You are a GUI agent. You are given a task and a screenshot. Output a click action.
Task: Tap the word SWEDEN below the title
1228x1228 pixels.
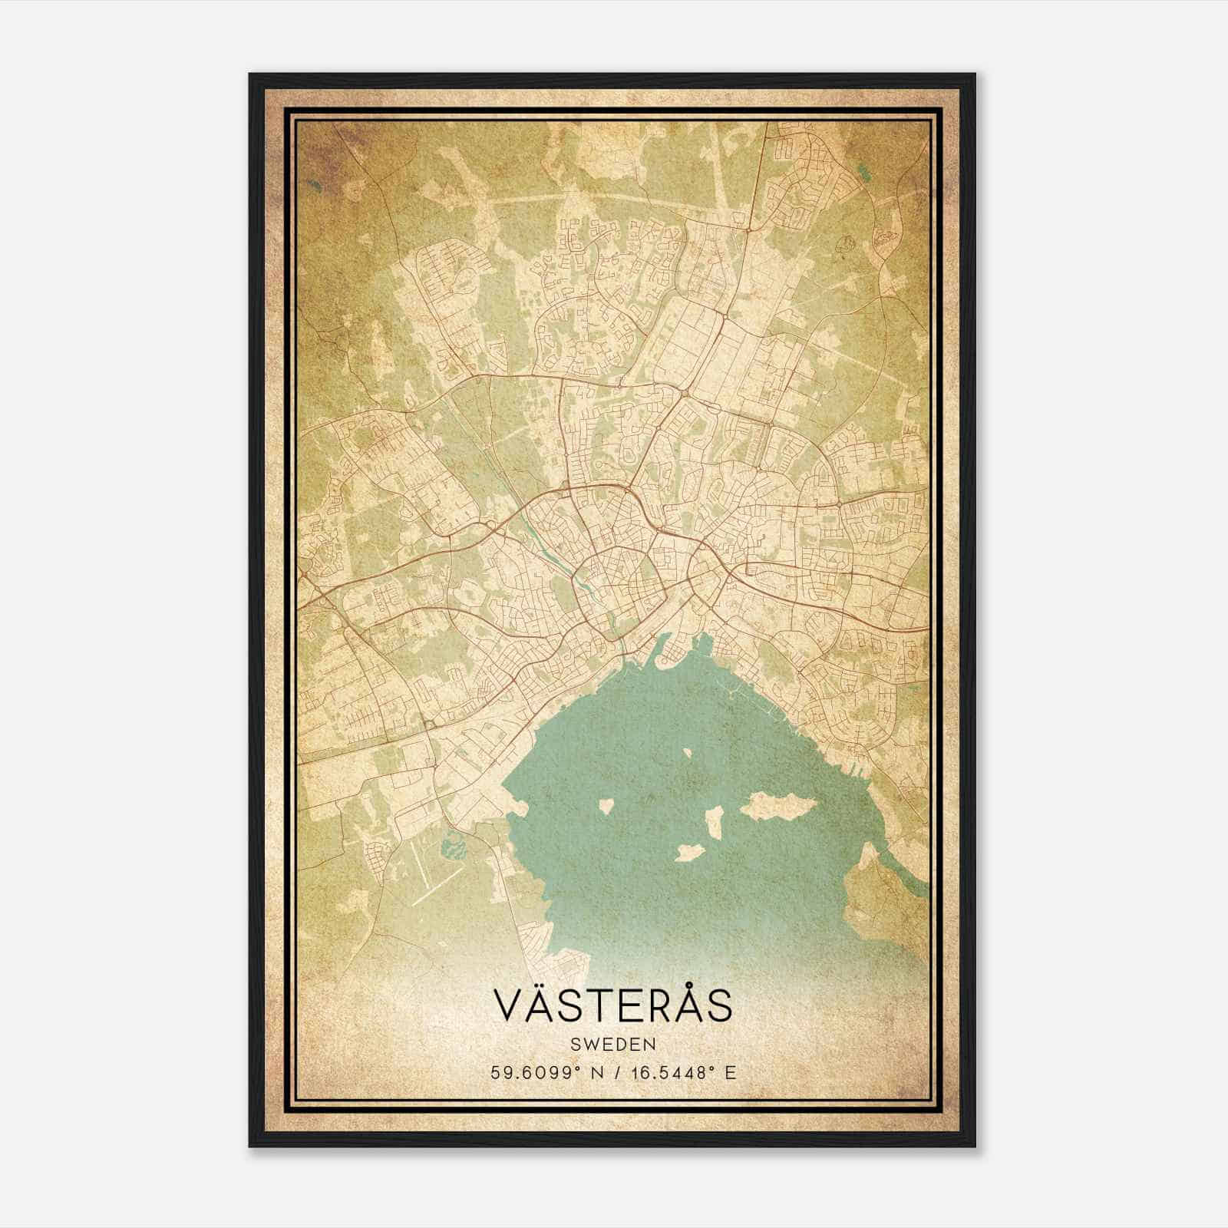[x=612, y=1045]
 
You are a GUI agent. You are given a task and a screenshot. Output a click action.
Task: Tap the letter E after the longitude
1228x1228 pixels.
[x=731, y=1072]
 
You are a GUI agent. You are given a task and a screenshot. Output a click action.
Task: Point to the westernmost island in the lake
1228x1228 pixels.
[x=606, y=806]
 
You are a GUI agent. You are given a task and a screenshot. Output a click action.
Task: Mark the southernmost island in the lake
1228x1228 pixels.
[x=690, y=852]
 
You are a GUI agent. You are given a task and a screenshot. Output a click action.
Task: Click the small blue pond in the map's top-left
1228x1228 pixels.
[x=314, y=184]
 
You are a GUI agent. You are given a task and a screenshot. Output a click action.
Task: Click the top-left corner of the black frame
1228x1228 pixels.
[x=250, y=74]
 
